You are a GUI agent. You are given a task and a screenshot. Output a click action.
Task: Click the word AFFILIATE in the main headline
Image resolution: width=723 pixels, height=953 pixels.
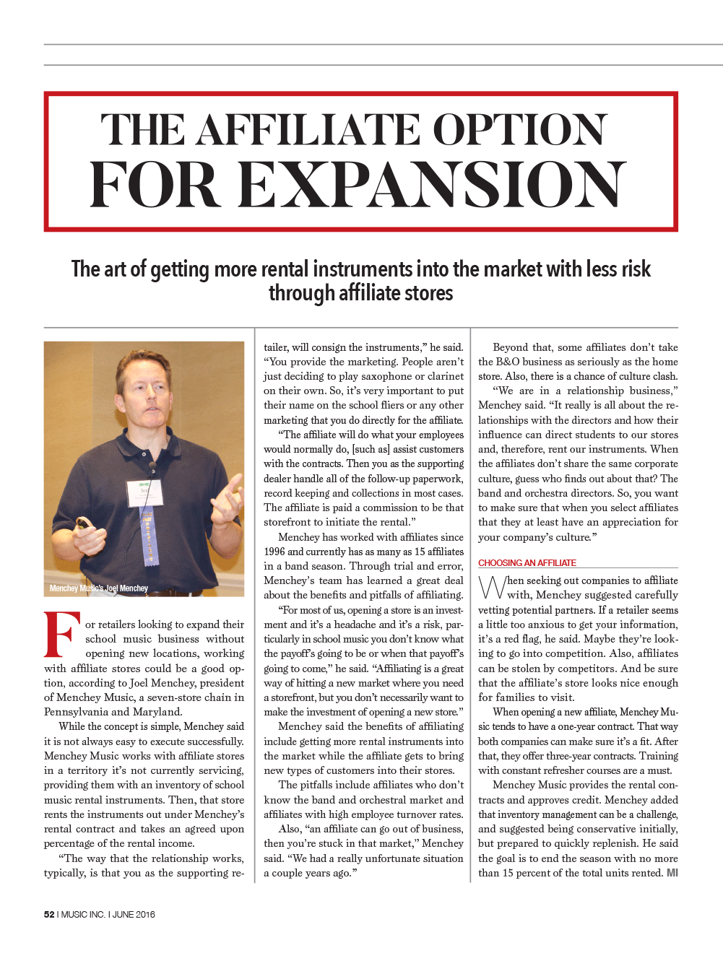coord(308,130)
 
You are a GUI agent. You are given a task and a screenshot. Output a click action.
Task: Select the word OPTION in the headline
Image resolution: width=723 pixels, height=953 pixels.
coord(519,130)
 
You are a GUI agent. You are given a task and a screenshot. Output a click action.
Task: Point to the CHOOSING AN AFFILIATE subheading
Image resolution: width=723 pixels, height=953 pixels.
coord(527,563)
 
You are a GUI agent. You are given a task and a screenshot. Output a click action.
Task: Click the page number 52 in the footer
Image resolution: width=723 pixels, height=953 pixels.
coord(49,914)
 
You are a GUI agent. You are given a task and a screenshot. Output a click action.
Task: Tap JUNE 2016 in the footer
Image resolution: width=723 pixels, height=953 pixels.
coord(134,914)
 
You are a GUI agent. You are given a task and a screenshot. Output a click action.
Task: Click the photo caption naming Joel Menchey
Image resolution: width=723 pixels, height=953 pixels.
coord(99,588)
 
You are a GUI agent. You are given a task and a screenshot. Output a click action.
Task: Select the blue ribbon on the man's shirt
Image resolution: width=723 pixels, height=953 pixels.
coord(150,534)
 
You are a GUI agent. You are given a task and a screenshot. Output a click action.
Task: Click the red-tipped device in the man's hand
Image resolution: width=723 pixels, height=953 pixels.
coord(82,523)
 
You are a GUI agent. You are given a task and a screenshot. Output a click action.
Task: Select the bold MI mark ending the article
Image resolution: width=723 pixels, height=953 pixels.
coord(672,873)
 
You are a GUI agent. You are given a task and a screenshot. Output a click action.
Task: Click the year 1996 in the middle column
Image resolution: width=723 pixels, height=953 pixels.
coord(274,552)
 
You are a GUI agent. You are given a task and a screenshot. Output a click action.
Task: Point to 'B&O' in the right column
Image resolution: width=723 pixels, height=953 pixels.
coord(508,362)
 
